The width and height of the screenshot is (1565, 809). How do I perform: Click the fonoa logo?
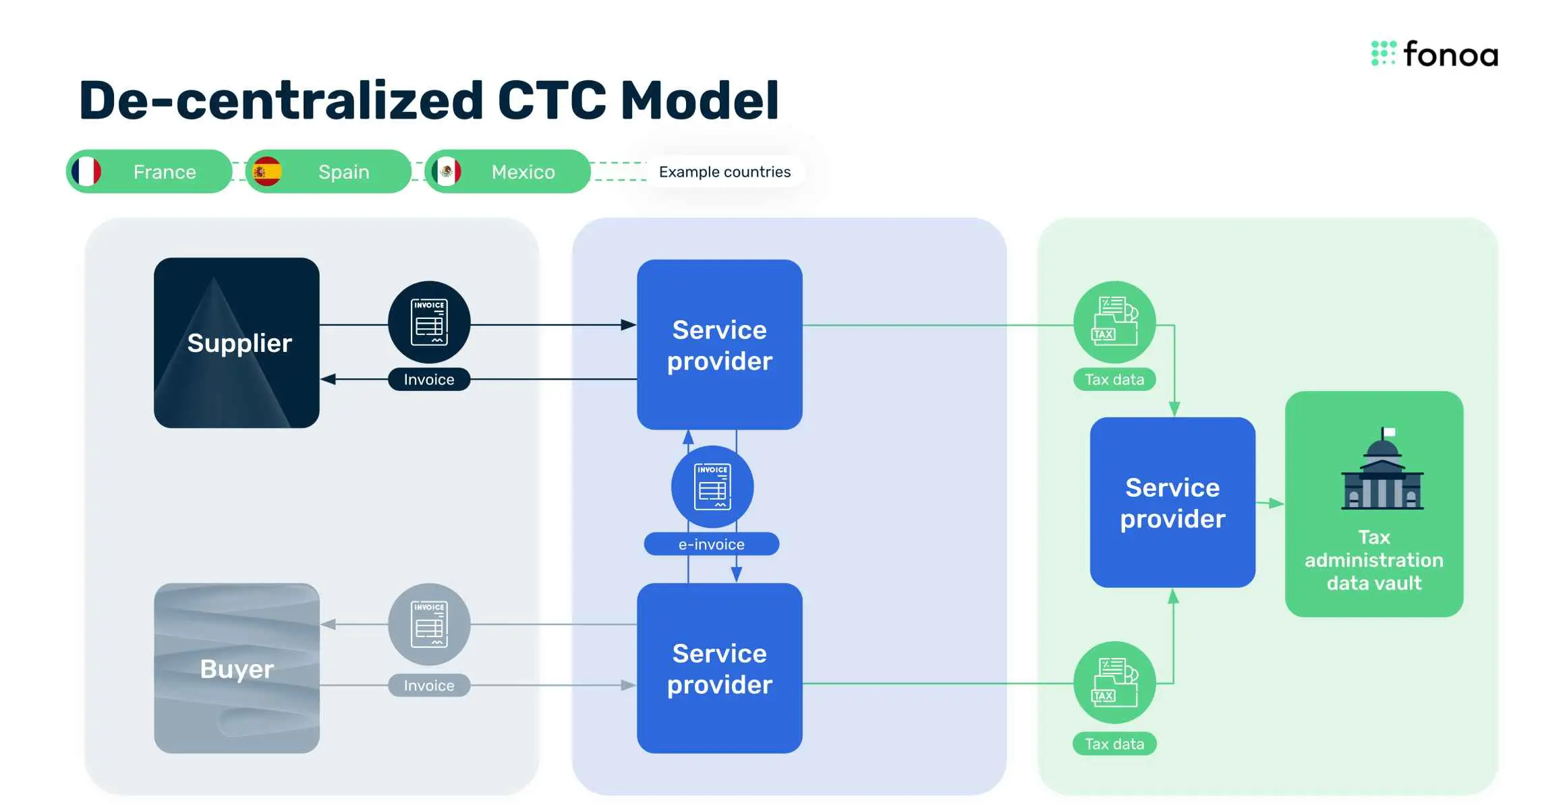pyautogui.click(x=1434, y=54)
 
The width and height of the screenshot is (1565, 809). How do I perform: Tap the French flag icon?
pyautogui.click(x=86, y=171)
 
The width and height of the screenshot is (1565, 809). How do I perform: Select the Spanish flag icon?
pyautogui.click(x=267, y=171)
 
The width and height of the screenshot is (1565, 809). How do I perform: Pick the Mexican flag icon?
pyautogui.click(x=447, y=171)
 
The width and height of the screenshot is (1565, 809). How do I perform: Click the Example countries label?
pyautogui.click(x=724, y=172)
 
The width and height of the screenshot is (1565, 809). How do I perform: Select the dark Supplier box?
pyautogui.click(x=237, y=342)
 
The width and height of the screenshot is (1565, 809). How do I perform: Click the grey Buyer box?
pyautogui.click(x=237, y=668)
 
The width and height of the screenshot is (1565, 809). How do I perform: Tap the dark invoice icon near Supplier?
pyautogui.click(x=429, y=322)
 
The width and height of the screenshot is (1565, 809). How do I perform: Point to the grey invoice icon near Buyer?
pyautogui.click(x=429, y=624)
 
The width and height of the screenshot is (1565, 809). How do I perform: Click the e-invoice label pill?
pyautogui.click(x=712, y=544)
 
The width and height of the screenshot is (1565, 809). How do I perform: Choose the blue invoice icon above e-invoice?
pyautogui.click(x=712, y=487)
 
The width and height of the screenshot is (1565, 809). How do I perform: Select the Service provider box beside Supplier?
pyautogui.click(x=720, y=344)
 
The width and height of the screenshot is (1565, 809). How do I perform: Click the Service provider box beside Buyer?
pyautogui.click(x=720, y=668)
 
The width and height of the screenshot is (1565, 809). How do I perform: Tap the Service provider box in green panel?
pyautogui.click(x=1172, y=502)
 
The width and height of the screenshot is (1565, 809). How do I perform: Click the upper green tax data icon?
pyautogui.click(x=1114, y=322)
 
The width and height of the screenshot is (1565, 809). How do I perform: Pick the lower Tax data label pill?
pyautogui.click(x=1114, y=744)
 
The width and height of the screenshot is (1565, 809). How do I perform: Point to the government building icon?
pyautogui.click(x=1382, y=471)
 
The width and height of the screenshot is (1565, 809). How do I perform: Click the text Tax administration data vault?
pyautogui.click(x=1374, y=560)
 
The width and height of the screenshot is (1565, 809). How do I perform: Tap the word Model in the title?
pyautogui.click(x=700, y=101)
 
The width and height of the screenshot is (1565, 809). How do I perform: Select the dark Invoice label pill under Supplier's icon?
pyautogui.click(x=429, y=380)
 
